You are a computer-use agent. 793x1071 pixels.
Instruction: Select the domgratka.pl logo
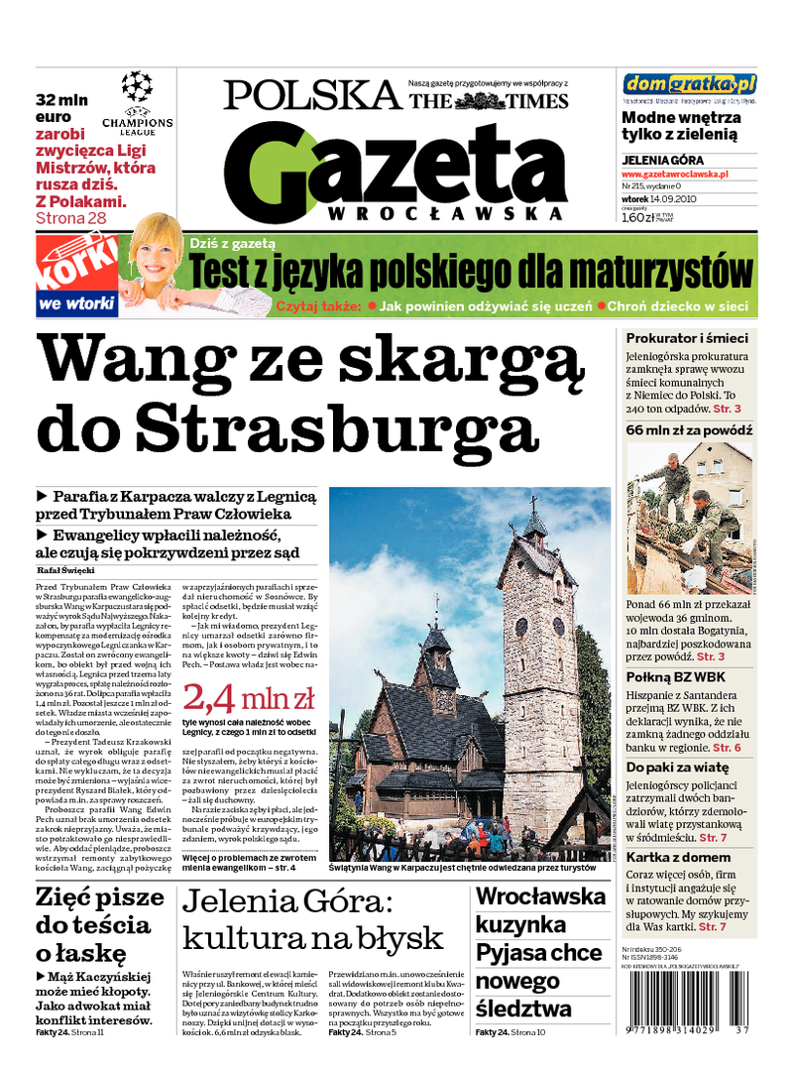pos(690,83)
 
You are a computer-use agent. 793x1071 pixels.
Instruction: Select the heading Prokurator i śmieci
pos(687,338)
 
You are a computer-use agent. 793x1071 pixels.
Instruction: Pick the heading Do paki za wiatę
pos(677,768)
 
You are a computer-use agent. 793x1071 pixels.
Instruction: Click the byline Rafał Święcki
pos(63,571)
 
